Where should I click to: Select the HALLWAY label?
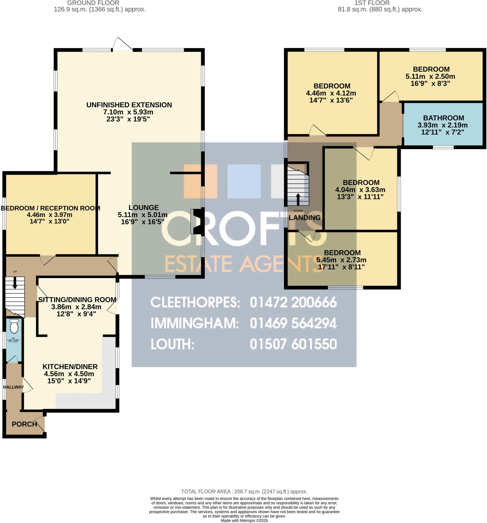pos(14,387)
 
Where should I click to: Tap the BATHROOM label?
pos(443,118)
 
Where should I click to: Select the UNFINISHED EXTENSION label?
pos(129,105)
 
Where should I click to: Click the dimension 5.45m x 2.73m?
pos(341,260)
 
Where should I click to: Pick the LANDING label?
pos(304,218)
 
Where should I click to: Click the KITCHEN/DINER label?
pos(70,366)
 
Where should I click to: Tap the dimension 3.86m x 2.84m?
pos(76,307)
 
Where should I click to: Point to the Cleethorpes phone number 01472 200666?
pos(293,302)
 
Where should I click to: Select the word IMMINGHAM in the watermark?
pos(194,323)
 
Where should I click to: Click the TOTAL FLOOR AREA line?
pos(244,491)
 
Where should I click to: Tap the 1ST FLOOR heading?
pos(372,3)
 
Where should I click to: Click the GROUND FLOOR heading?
pos(93,3)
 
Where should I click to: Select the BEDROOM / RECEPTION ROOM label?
pos(50,208)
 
